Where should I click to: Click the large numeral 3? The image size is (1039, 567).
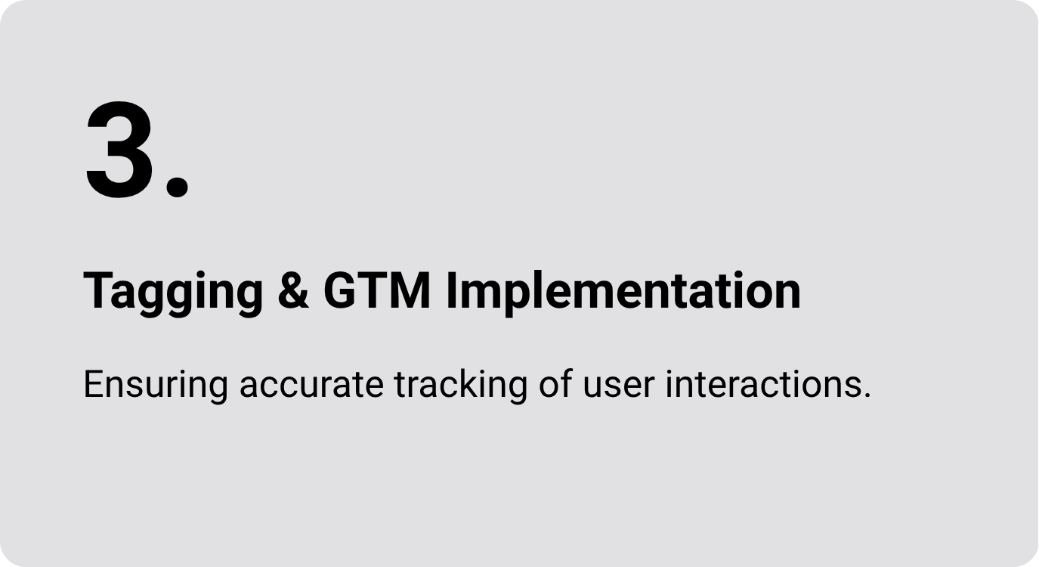119,150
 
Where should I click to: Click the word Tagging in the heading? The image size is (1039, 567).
174,293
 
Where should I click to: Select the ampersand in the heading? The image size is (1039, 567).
293,290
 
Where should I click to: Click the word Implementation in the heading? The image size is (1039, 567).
623,293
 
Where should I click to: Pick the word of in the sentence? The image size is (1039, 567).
555,384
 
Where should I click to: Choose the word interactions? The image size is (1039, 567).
763,384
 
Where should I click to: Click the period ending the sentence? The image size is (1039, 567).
867,395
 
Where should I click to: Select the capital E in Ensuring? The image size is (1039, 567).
95,384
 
